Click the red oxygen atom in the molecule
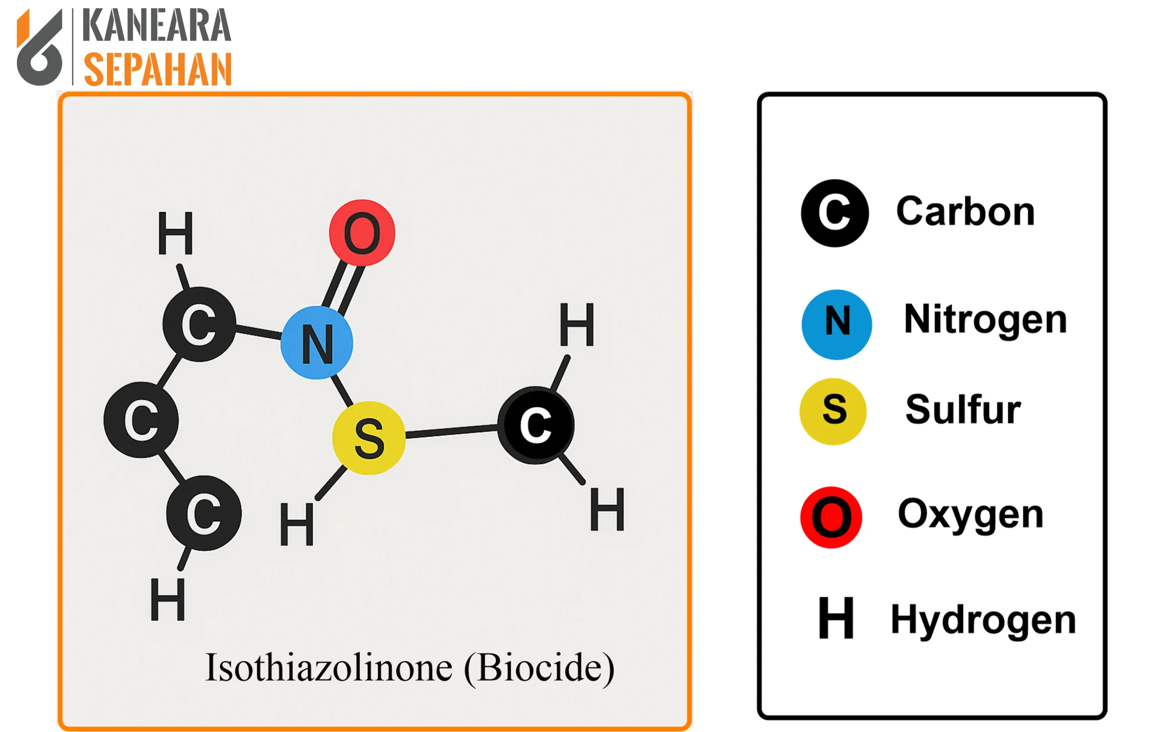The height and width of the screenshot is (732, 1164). pos(362,232)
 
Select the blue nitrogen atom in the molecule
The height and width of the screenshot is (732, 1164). pos(317,343)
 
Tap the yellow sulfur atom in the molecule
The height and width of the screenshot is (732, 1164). pos(369,438)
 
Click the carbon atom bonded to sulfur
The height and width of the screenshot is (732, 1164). pos(536,425)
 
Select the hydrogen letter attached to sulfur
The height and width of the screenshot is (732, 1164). pos(297,524)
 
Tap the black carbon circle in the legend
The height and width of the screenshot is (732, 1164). pos(835,213)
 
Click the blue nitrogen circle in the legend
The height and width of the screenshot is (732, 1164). pos(837,325)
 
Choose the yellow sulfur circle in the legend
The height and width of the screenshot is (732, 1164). pos(833,411)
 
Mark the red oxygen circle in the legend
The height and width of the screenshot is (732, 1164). pos(832,517)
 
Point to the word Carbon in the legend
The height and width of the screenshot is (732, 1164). pos(965,212)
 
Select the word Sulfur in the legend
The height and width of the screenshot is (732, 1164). pos(963,410)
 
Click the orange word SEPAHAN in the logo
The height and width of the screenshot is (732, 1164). pos(158,70)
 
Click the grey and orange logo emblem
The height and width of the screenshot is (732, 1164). pos(40,47)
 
